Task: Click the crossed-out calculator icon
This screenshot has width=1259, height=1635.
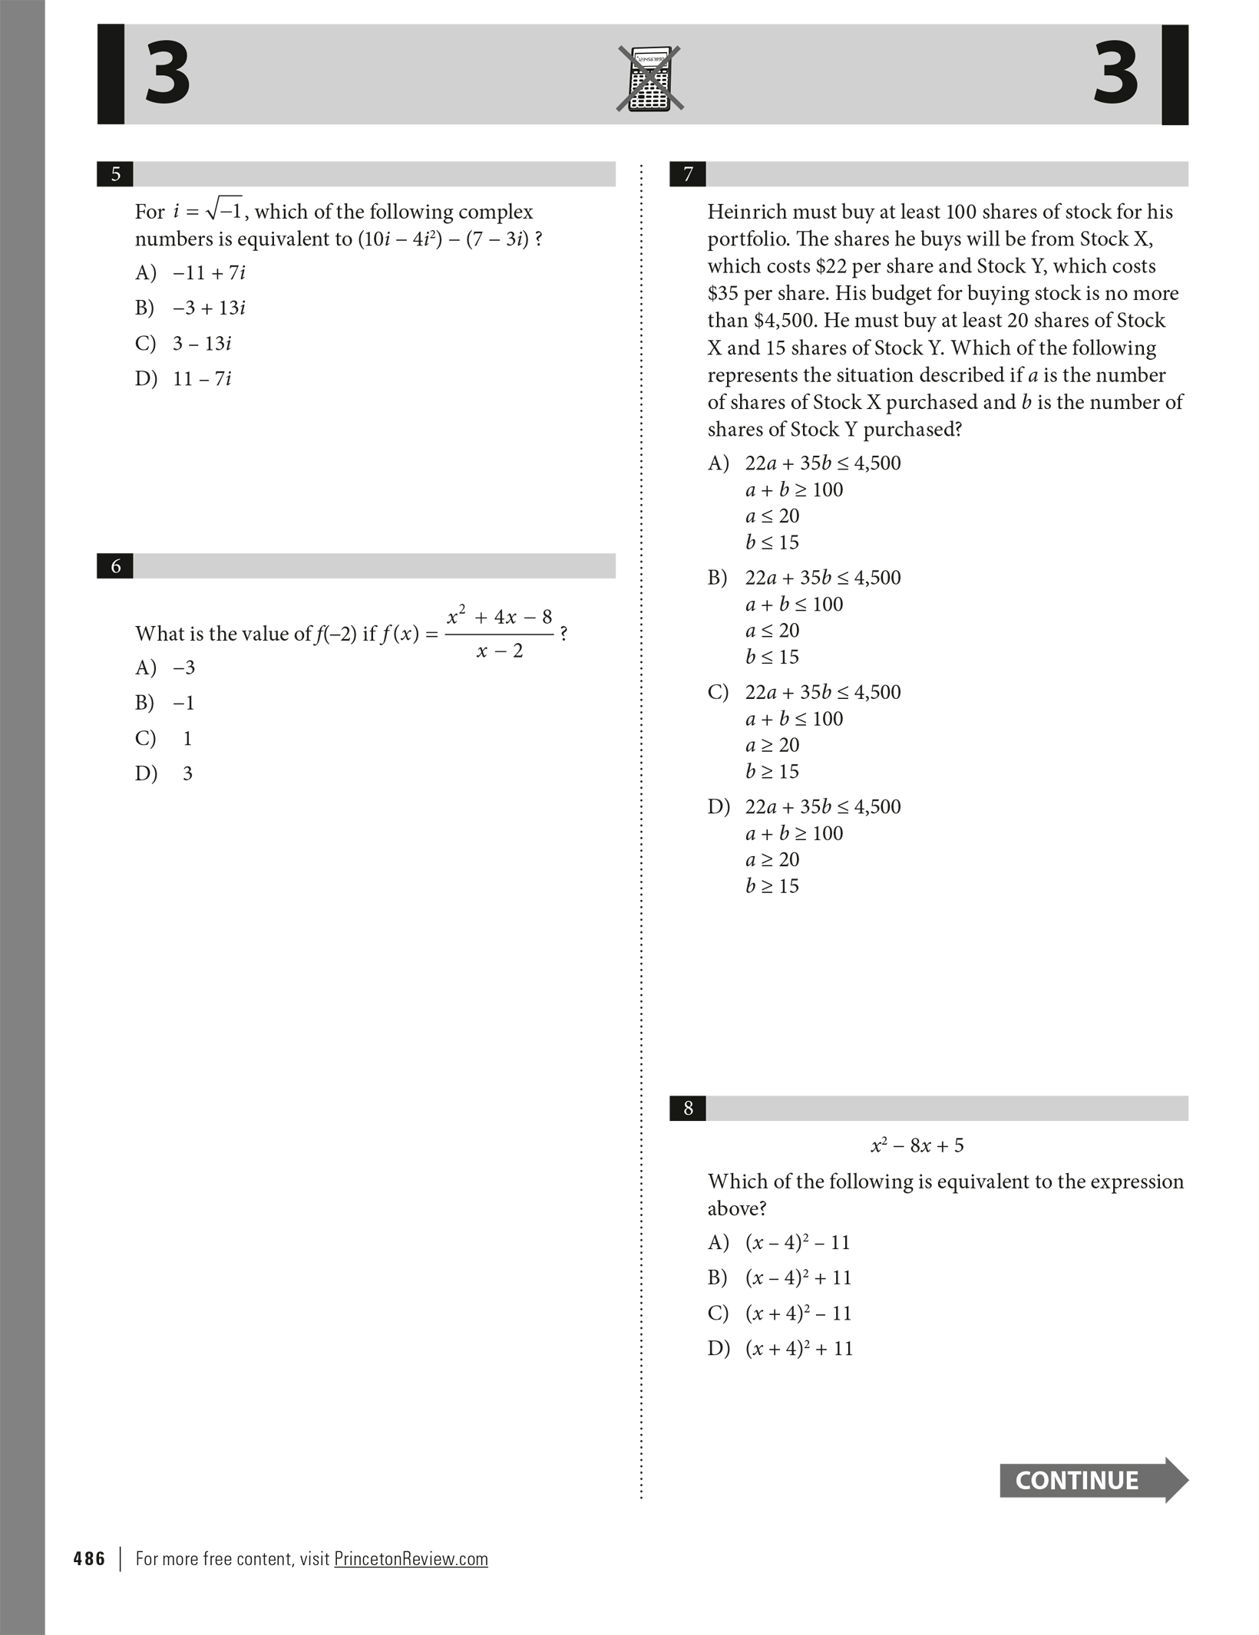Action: [649, 79]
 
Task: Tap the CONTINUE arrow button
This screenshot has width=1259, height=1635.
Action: [1092, 1480]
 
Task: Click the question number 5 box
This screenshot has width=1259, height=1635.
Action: [115, 174]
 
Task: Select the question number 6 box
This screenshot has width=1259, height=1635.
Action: [115, 566]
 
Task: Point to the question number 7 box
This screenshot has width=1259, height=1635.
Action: [688, 174]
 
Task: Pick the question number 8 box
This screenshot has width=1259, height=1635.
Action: [688, 1108]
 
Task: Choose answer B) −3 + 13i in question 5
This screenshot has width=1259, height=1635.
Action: [190, 308]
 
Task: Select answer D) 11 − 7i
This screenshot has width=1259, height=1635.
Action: [184, 378]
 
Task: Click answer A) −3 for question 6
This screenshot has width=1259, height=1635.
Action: [166, 668]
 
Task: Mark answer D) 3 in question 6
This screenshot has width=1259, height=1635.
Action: [165, 773]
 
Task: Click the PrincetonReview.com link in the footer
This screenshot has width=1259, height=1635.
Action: [411, 1559]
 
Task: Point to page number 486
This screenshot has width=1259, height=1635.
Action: [89, 1559]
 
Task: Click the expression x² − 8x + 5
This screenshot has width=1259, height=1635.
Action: [917, 1145]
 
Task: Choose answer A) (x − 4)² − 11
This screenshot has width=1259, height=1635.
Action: [779, 1242]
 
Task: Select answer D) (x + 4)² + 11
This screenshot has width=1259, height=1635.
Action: [780, 1348]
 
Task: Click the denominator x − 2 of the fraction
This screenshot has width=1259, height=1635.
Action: [499, 651]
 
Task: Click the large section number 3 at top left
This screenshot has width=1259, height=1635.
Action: [167, 74]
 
